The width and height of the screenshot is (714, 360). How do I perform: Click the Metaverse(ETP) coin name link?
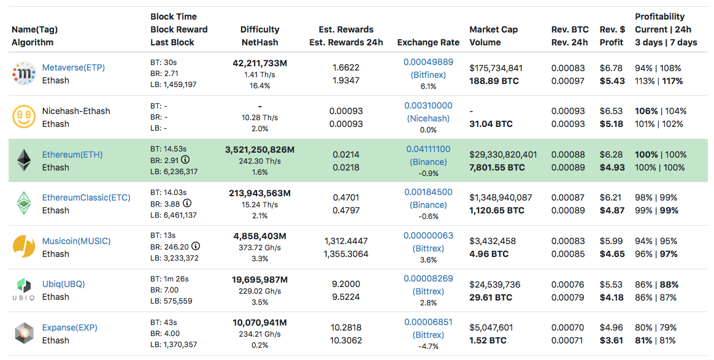tap(73, 67)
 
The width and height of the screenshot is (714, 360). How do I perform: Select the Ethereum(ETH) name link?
tap(72, 155)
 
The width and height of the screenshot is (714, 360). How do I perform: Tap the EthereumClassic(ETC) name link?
tap(86, 197)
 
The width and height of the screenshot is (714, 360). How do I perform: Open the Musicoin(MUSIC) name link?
tap(76, 241)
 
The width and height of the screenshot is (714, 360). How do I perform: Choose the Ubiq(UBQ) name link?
tap(63, 284)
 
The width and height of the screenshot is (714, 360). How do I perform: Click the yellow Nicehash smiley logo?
tap(24, 117)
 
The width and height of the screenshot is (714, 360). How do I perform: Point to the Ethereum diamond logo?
tap(24, 160)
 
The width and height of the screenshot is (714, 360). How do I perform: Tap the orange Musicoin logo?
tap(24, 247)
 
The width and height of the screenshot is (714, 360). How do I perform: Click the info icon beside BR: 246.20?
tap(196, 246)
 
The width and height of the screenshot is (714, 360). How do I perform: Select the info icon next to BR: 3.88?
tap(187, 203)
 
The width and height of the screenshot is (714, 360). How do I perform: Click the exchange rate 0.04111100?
tap(428, 149)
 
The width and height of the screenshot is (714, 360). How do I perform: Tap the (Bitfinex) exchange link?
tap(428, 75)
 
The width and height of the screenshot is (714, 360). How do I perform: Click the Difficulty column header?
tap(259, 29)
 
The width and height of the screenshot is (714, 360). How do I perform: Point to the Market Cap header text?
tap(493, 29)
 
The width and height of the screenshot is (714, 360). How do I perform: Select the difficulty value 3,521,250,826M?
tap(259, 150)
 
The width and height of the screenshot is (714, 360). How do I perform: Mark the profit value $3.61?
tap(612, 340)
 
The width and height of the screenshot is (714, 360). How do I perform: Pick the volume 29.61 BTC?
tap(490, 297)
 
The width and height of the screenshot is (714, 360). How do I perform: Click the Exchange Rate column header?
tap(428, 42)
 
